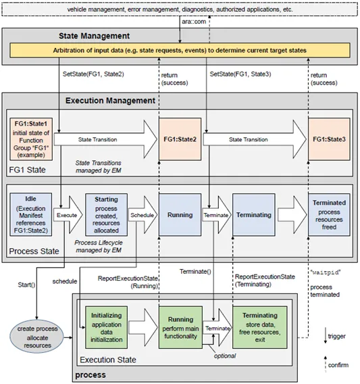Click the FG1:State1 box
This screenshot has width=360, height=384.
(31, 139)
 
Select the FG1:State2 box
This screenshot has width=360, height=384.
(180, 139)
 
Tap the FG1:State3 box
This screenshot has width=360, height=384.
(329, 139)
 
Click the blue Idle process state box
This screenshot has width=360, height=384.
(31, 214)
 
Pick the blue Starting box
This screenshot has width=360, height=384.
(106, 215)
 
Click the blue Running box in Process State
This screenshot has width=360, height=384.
(180, 215)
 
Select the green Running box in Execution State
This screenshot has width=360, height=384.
(180, 327)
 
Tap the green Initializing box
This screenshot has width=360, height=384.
(106, 327)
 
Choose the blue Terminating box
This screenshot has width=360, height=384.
(254, 215)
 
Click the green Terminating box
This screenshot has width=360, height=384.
(260, 327)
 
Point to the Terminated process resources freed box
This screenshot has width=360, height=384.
(329, 215)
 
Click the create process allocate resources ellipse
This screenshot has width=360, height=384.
(36, 337)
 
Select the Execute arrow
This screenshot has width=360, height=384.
(68, 215)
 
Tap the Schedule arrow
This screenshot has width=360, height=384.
(143, 215)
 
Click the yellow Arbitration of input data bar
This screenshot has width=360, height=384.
(180, 51)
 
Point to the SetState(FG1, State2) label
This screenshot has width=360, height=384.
(93, 74)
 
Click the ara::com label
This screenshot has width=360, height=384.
(194, 22)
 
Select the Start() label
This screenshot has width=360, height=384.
(26, 285)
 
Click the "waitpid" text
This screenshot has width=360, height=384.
(326, 272)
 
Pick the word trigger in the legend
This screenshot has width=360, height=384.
(337, 336)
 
